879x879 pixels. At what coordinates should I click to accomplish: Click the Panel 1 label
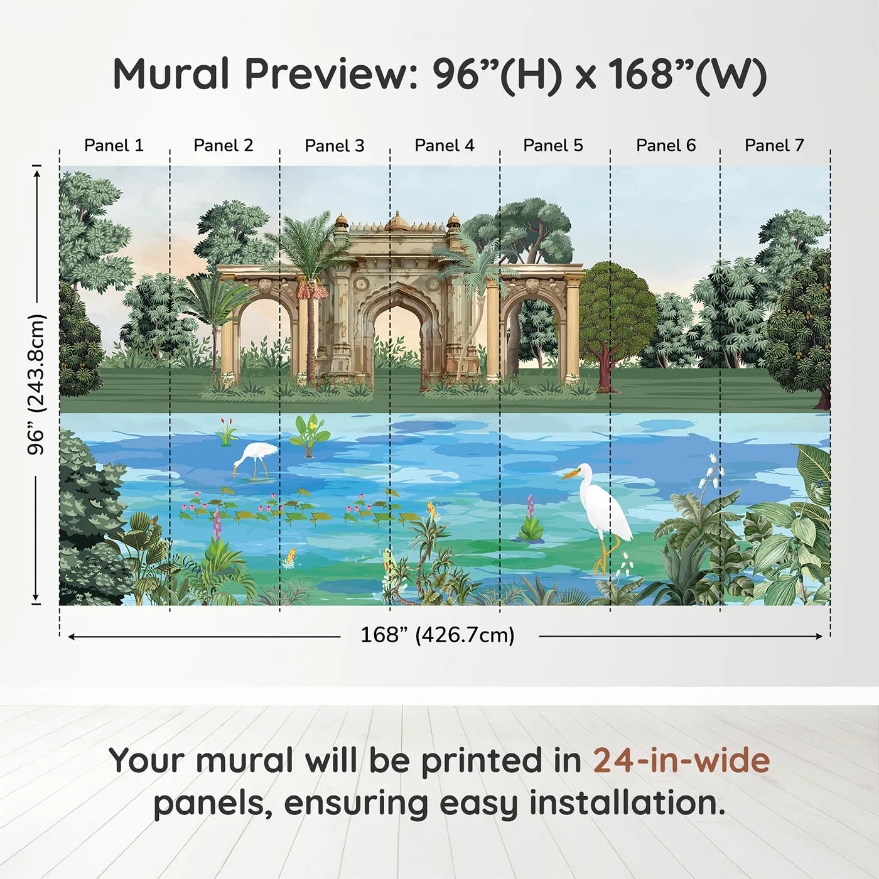pyautogui.click(x=114, y=146)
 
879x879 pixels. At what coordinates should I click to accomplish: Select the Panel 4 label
pyautogui.click(x=445, y=146)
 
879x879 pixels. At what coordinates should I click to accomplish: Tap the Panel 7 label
pyautogui.click(x=774, y=146)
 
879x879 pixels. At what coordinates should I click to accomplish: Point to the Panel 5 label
pyautogui.click(x=553, y=146)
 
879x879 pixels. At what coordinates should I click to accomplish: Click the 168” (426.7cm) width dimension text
pyautogui.click(x=438, y=635)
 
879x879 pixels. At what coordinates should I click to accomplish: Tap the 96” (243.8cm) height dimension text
pyautogui.click(x=36, y=384)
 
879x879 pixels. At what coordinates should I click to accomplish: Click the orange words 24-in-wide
pyautogui.click(x=681, y=760)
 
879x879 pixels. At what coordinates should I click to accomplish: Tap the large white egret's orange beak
pyautogui.click(x=569, y=475)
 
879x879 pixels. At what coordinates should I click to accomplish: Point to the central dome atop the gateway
pyautogui.click(x=397, y=221)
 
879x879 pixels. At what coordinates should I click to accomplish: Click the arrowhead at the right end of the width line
pyautogui.click(x=819, y=636)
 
